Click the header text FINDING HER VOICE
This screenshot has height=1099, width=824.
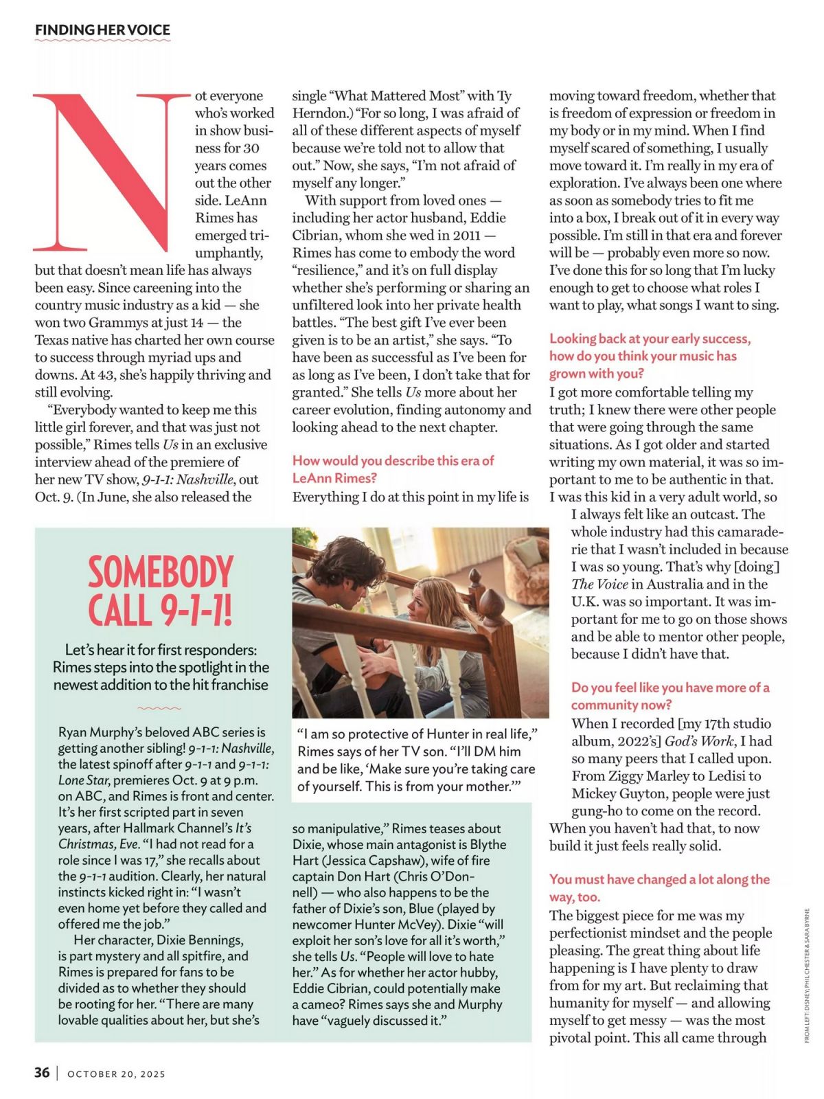point(102,30)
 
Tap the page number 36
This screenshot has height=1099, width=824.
point(42,1072)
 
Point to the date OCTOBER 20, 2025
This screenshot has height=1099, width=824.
point(116,1074)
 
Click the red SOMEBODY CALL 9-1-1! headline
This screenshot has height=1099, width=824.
point(160,591)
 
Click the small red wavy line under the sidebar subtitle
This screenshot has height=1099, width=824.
point(159,707)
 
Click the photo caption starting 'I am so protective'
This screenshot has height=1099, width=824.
point(415,760)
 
